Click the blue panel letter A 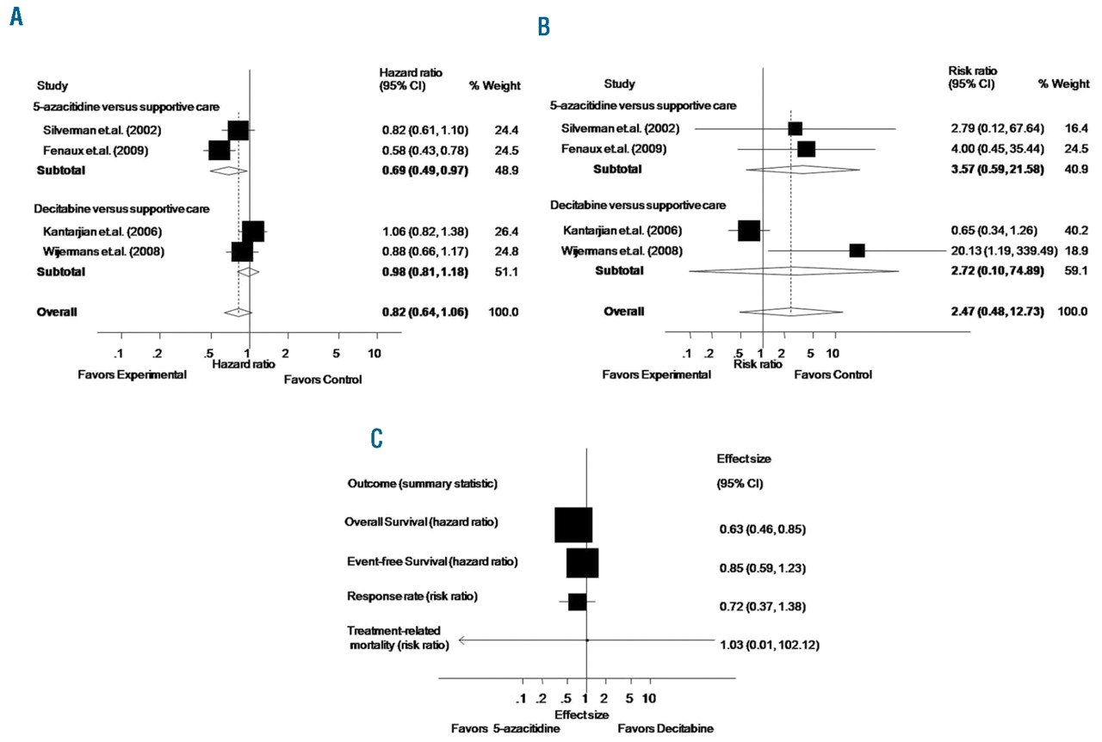16,18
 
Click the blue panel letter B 543,28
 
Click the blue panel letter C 376,438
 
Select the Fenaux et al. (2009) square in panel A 220,150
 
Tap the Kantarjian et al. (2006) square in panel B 749,231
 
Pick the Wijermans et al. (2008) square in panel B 857,250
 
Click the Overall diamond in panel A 238,312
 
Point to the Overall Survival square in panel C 573,525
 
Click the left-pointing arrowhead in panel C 462,640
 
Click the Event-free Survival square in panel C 583,563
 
